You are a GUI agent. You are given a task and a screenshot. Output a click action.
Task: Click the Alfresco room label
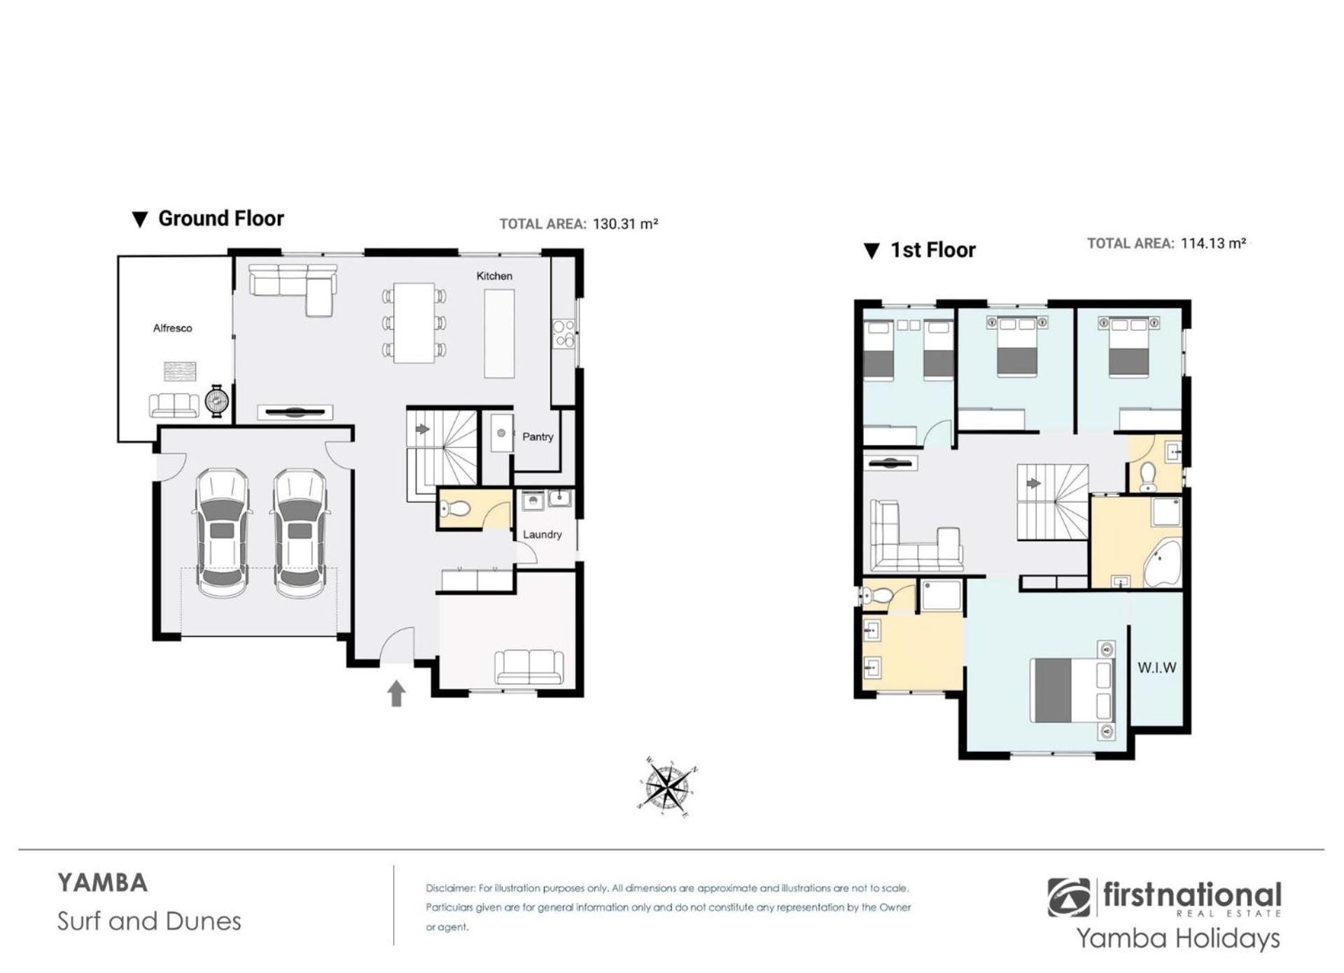point(172,328)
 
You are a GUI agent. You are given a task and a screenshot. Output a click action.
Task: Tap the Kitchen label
point(494,276)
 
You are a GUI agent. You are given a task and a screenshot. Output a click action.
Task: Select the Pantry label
point(538,437)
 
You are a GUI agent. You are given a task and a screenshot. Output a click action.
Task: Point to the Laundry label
point(542,535)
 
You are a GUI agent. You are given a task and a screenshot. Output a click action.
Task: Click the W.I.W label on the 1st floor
point(1156,668)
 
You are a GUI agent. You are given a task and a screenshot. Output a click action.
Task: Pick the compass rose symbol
point(666,787)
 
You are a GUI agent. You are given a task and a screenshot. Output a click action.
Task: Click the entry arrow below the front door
point(396,693)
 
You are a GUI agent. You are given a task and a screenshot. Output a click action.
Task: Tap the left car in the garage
point(222,533)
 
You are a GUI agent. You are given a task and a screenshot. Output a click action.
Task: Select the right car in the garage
point(300,533)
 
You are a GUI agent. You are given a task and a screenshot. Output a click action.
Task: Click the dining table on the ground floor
point(414,323)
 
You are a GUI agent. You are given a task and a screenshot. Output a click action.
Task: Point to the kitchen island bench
point(499,335)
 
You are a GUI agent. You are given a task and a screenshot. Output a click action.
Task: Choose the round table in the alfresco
point(217,401)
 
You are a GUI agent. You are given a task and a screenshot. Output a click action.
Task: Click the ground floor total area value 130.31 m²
point(625,224)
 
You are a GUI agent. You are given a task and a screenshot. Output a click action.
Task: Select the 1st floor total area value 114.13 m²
point(1213,244)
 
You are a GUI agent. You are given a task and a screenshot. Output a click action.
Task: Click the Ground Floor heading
point(221,218)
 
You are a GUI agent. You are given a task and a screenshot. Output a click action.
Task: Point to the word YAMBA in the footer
point(103,883)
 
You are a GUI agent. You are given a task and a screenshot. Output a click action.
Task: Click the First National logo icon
point(1068,897)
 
